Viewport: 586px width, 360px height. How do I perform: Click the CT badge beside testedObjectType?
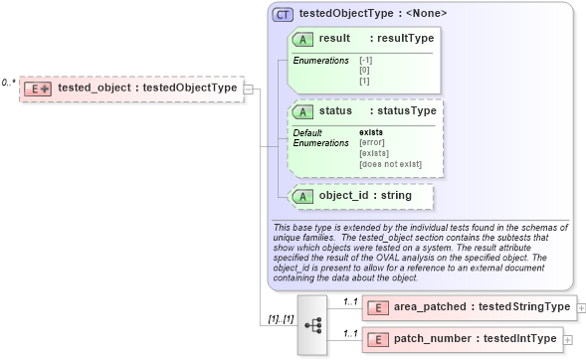(x=283, y=15)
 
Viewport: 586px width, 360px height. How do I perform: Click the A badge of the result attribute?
(x=302, y=38)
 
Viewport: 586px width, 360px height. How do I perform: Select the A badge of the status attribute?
(x=302, y=111)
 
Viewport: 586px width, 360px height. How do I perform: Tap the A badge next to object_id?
(x=302, y=196)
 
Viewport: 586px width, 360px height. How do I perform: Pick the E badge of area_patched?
(x=378, y=306)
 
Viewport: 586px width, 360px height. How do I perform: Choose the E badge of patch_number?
(x=378, y=340)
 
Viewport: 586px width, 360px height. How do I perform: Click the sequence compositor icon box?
(x=311, y=324)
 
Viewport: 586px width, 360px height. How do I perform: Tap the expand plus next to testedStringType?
(x=581, y=307)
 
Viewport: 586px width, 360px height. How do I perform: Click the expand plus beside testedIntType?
(x=568, y=340)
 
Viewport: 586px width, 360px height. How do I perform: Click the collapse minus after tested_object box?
(x=248, y=88)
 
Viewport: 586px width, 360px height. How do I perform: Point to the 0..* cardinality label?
(x=9, y=83)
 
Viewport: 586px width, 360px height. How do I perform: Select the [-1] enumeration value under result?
(x=366, y=61)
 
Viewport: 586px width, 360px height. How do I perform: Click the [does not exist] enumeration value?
(x=390, y=164)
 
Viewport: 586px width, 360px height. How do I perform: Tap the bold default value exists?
(x=371, y=132)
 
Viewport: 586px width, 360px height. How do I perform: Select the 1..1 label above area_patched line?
(x=350, y=300)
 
